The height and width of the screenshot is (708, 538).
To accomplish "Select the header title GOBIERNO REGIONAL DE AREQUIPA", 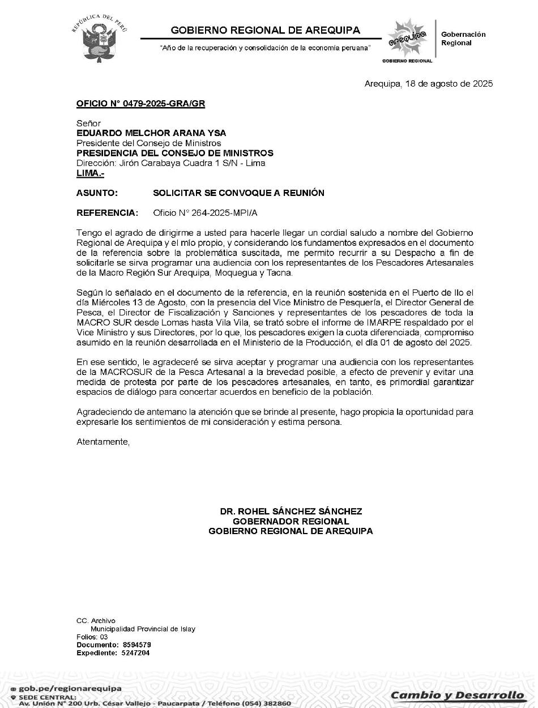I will tap(265, 30).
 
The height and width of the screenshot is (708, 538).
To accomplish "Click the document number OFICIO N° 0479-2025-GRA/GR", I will tap(140, 104).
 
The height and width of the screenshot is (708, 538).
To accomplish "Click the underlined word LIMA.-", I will tap(90, 173).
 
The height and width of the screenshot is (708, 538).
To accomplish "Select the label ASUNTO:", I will tap(97, 193).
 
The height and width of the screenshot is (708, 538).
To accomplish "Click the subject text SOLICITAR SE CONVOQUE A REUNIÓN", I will tap(238, 193).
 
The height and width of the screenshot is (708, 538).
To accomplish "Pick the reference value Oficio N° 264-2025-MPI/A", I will tap(209, 213).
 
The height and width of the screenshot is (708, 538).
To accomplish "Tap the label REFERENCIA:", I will tap(107, 213).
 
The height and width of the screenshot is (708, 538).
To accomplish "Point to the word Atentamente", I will tap(103, 442).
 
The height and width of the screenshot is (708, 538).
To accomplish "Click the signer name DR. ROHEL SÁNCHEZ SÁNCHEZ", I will tap(291, 511).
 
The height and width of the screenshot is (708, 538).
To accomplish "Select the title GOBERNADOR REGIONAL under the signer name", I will tap(291, 521).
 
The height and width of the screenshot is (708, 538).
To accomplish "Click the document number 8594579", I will tap(136, 645).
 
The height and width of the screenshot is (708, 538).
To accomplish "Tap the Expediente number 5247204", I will tap(136, 652).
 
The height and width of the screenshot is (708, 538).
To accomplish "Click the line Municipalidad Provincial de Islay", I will tap(143, 629).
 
